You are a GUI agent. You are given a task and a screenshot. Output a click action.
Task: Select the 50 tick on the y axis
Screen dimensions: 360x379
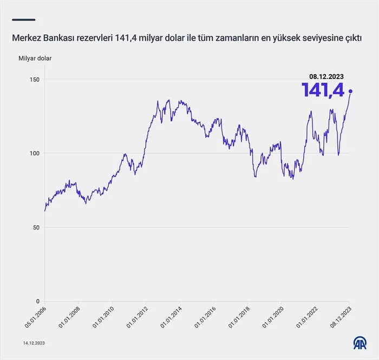36,227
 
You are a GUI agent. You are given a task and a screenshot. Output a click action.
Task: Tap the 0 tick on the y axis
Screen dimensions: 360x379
38,302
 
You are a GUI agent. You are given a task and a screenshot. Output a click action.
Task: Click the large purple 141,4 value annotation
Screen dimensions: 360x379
323,90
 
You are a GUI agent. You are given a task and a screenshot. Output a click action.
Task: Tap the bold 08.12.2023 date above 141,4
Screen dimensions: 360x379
326,77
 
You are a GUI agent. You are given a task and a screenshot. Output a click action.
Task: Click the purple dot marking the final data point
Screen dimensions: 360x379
351,91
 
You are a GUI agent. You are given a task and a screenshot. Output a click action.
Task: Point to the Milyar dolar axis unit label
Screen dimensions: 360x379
35,58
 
